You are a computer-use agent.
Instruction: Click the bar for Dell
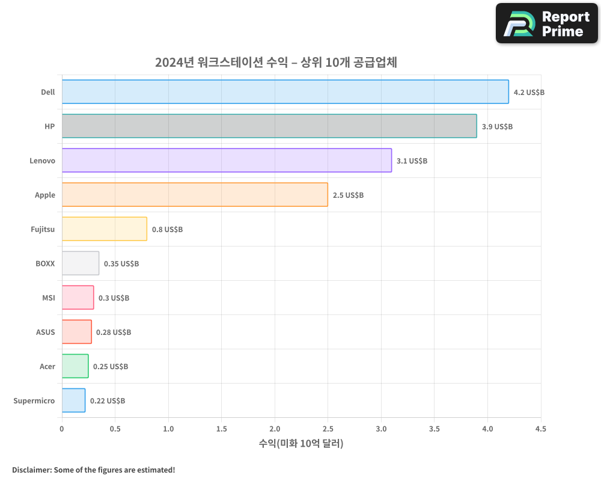coord(285,92)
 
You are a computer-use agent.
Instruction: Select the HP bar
coord(269,126)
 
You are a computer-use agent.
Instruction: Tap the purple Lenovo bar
coord(227,161)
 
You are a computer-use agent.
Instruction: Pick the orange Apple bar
coord(195,195)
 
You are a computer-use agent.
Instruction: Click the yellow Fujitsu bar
coord(104,229)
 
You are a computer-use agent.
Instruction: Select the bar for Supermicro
coord(73,400)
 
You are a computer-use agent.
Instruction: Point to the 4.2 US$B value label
coord(529,93)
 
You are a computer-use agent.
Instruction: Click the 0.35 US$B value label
coord(121,264)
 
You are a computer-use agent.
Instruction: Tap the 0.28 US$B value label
coord(114,332)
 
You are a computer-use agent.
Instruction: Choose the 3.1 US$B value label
coord(412,161)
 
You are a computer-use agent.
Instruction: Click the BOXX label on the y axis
coord(45,263)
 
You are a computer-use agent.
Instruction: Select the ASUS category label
coord(45,332)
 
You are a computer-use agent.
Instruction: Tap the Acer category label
coord(47,366)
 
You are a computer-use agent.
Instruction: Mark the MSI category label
coord(48,298)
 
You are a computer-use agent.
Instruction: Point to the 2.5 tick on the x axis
coord(328,429)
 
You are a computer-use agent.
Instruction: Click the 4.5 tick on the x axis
coord(540,429)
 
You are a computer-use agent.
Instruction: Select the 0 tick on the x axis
coord(62,429)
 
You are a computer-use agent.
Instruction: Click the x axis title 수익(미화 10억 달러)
coord(301,444)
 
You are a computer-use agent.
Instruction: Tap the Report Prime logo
coord(547,23)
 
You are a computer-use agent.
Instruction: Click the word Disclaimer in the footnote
coord(31,470)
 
